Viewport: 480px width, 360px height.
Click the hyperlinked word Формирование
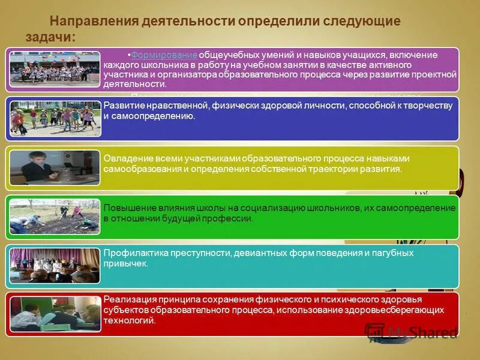click(x=164, y=55)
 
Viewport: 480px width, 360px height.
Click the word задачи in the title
click(x=49, y=37)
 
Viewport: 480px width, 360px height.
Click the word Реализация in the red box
click(x=130, y=299)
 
